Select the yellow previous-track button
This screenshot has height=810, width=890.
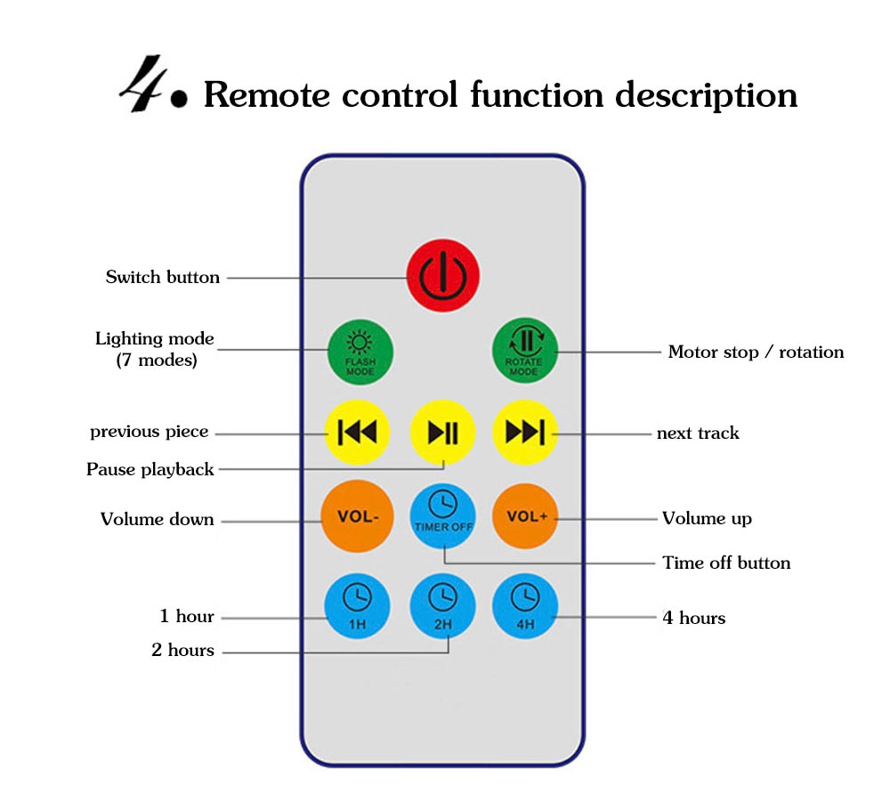coord(356,433)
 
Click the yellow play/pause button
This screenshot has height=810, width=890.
coord(443,433)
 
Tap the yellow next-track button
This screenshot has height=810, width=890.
coord(525,433)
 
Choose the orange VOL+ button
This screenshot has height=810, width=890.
coord(525,516)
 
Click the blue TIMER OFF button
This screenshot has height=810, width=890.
coord(443,516)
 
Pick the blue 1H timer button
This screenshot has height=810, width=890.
coord(356,605)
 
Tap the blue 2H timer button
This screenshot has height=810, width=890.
coord(443,605)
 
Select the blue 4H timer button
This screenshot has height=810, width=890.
coord(525,605)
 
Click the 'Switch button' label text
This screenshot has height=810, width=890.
coord(163,277)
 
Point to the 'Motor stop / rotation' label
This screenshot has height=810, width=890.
coord(756,352)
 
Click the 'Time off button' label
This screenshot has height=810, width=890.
coord(726,563)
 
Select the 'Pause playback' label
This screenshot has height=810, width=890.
coord(150,469)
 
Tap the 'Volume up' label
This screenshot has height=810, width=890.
coord(707,518)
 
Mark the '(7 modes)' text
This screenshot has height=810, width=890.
coord(157,360)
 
